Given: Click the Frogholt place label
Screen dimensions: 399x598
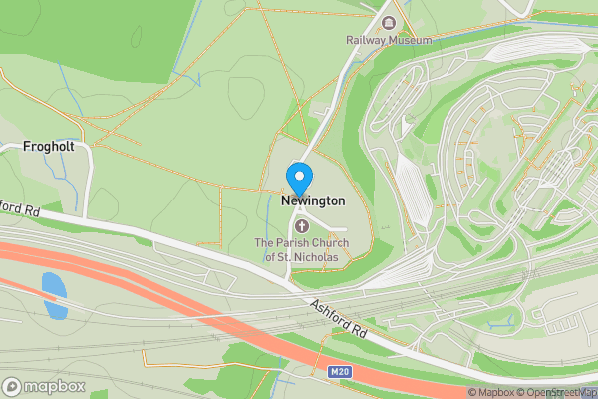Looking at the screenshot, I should point(49,147).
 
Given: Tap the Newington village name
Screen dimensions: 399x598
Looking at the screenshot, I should point(313,200).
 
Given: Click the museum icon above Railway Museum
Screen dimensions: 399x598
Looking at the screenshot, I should point(389,22).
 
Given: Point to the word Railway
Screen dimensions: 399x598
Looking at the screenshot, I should point(366,40).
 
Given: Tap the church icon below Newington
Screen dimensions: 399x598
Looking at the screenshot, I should point(302,225).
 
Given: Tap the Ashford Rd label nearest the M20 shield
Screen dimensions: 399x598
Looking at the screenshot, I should point(340,320).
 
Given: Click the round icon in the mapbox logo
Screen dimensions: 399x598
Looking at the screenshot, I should point(12,385).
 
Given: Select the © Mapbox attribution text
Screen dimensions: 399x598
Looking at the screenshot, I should point(490,392).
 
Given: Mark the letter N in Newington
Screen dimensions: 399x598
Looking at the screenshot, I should point(286,200).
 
